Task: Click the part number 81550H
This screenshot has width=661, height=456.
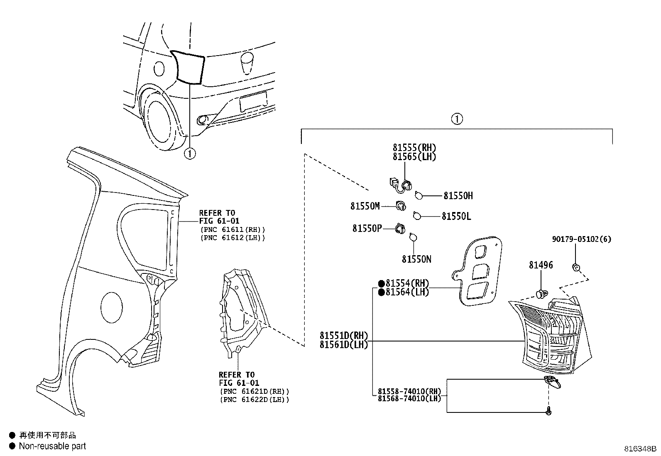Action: click(x=458, y=195)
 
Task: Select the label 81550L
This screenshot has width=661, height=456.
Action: click(x=456, y=216)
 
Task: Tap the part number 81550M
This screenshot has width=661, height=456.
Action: click(x=365, y=206)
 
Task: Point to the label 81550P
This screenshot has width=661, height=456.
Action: click(x=367, y=228)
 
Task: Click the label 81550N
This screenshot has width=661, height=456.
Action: click(x=416, y=259)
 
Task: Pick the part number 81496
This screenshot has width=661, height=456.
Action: click(x=541, y=265)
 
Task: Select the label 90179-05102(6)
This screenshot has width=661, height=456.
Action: click(x=581, y=239)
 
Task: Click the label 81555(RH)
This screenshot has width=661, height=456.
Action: click(x=414, y=148)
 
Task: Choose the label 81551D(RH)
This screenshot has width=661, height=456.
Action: click(x=344, y=336)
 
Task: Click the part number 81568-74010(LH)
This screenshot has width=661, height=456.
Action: click(x=409, y=399)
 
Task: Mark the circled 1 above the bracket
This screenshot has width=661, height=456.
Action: click(x=456, y=119)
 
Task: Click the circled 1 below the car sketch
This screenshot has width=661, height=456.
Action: click(x=189, y=154)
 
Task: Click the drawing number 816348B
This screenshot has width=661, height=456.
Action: click(x=640, y=449)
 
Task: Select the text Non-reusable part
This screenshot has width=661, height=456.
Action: click(x=52, y=446)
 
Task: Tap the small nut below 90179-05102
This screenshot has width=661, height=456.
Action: click(x=575, y=267)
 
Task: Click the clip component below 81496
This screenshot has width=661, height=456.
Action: click(x=541, y=294)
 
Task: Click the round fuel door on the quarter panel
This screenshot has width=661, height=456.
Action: click(x=112, y=307)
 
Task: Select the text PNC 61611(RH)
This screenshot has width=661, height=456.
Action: click(x=233, y=229)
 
